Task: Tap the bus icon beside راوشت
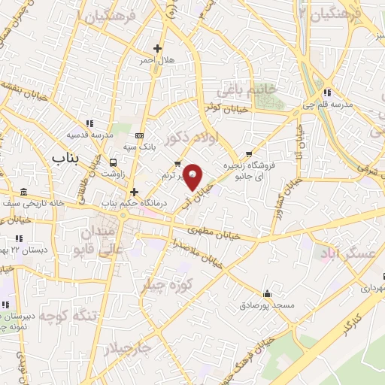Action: [114, 162]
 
